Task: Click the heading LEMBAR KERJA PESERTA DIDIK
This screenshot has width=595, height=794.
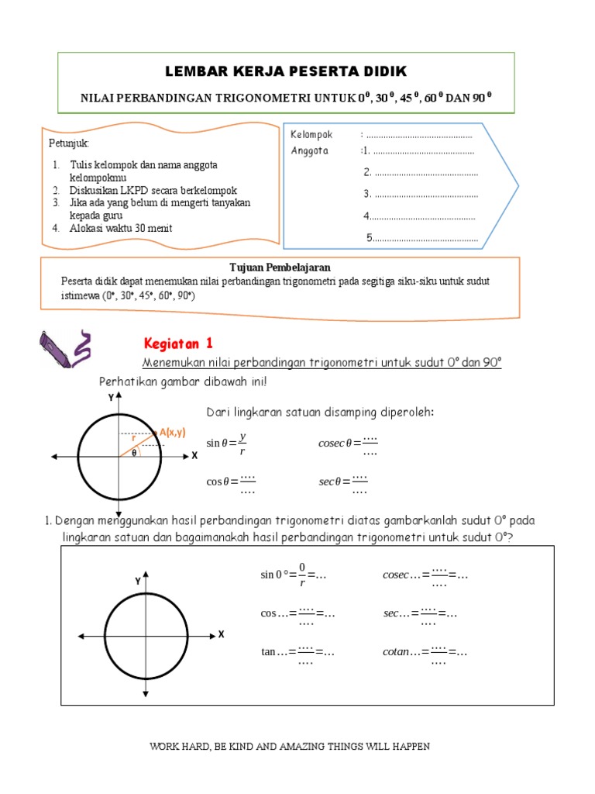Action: [x=286, y=72]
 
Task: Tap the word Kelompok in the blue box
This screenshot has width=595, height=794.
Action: [x=311, y=135]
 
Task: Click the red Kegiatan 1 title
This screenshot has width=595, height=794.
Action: [x=178, y=343]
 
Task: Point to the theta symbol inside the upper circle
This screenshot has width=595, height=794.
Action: [x=133, y=453]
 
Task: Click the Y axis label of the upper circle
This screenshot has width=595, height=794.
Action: [x=111, y=397]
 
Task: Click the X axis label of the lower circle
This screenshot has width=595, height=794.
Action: [x=221, y=634]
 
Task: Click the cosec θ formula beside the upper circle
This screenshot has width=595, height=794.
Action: [x=348, y=443]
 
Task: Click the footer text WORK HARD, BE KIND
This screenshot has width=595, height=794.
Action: [x=289, y=747]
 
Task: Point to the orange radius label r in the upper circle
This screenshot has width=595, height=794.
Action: [x=133, y=438]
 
